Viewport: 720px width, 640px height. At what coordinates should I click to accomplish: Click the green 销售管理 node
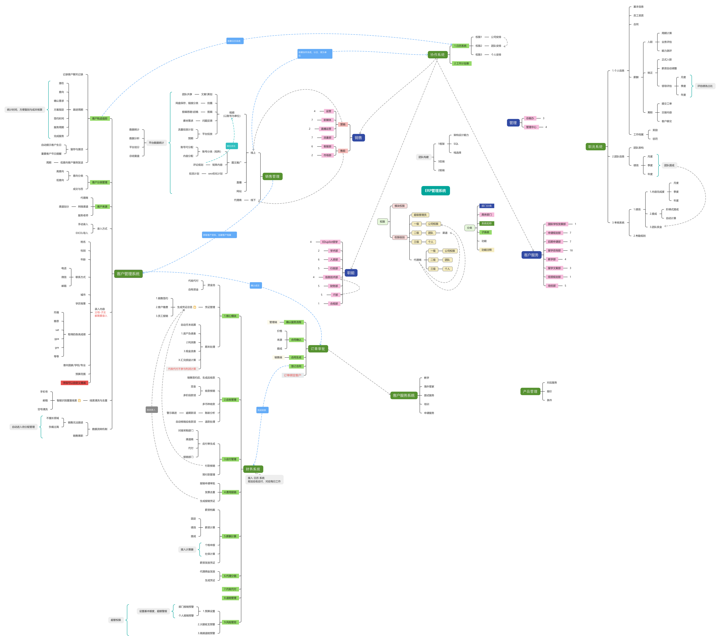point(272,176)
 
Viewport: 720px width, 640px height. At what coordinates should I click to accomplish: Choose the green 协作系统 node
point(437,55)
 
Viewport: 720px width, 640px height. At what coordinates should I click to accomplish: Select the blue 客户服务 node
point(531,255)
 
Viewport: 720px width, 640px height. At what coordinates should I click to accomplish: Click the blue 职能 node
point(351,273)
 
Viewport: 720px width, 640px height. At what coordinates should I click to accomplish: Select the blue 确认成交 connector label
point(255,286)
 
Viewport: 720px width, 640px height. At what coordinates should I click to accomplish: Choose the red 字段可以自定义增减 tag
point(74,383)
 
